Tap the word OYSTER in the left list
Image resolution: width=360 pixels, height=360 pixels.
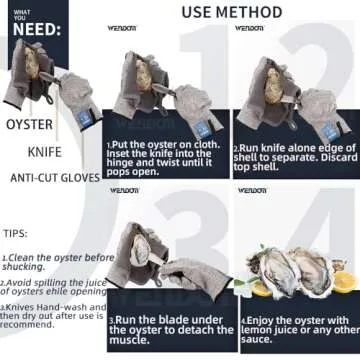[x=30, y=125]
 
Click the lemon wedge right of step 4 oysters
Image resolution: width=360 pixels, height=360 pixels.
[x=342, y=282]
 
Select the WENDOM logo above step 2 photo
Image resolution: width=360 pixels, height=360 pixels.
[x=250, y=28]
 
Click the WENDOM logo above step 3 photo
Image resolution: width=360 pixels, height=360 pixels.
[x=125, y=189]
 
